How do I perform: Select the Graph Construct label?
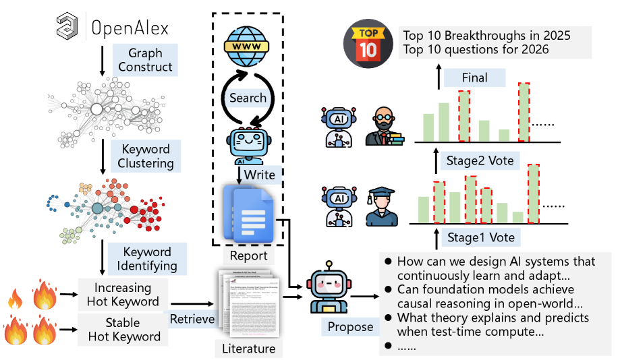pyautogui.click(x=145, y=59)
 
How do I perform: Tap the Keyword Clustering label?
pyautogui.click(x=145, y=156)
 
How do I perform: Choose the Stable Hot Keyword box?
pyautogui.click(x=123, y=330)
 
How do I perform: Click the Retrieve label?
pyautogui.click(x=192, y=318)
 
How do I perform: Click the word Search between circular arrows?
pyautogui.click(x=248, y=98)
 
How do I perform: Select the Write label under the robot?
pyautogui.click(x=260, y=175)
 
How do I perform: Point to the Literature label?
pyautogui.click(x=248, y=349)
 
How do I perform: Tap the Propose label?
pyautogui.click(x=350, y=327)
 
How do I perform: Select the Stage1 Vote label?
pyautogui.click(x=480, y=237)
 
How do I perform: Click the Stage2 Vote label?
pyautogui.click(x=480, y=160)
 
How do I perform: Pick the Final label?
pyautogui.click(x=474, y=78)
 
